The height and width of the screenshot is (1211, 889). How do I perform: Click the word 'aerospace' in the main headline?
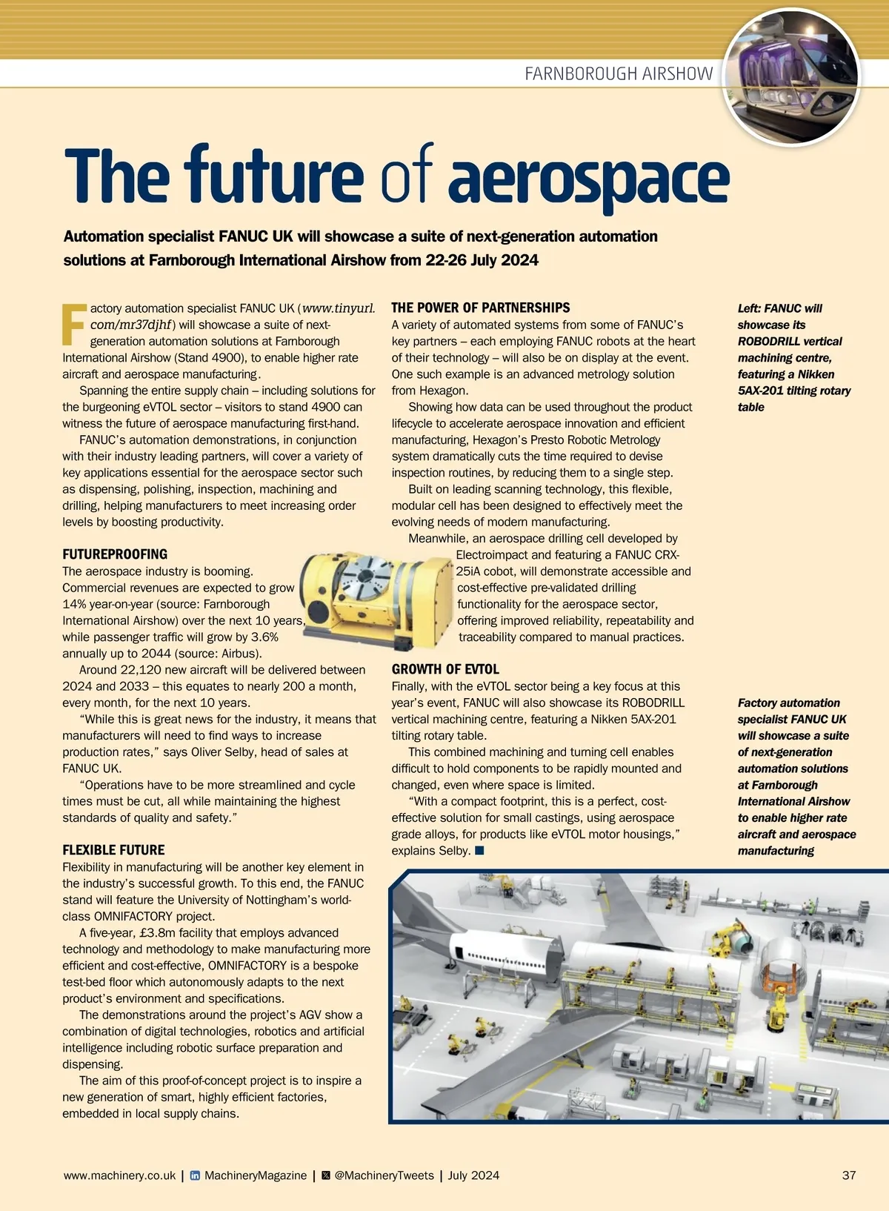pyautogui.click(x=588, y=178)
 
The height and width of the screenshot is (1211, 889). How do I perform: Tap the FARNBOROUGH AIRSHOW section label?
pyautogui.click(x=619, y=73)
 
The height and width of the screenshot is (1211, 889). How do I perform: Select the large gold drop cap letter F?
pyautogui.click(x=73, y=324)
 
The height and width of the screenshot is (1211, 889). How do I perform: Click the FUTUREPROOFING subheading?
pyautogui.click(x=115, y=554)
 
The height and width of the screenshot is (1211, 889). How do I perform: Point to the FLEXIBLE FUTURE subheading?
pyautogui.click(x=113, y=850)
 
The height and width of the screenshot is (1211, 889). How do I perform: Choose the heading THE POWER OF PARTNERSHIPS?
pyautogui.click(x=481, y=308)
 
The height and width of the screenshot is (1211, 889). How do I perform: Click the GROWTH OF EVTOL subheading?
pyautogui.click(x=445, y=669)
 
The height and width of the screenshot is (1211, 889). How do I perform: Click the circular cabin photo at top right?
pyautogui.click(x=791, y=76)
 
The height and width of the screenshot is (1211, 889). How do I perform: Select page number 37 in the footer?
pyautogui.click(x=849, y=1175)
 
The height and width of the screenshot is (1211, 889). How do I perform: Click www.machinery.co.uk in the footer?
pyautogui.click(x=120, y=1175)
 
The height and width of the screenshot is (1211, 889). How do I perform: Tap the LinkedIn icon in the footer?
pyautogui.click(x=196, y=1175)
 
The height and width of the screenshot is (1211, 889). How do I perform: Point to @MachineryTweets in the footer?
pyautogui.click(x=384, y=1175)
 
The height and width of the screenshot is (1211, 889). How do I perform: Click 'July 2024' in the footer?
pyautogui.click(x=473, y=1175)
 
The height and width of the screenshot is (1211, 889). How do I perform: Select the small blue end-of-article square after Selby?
pyautogui.click(x=479, y=850)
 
